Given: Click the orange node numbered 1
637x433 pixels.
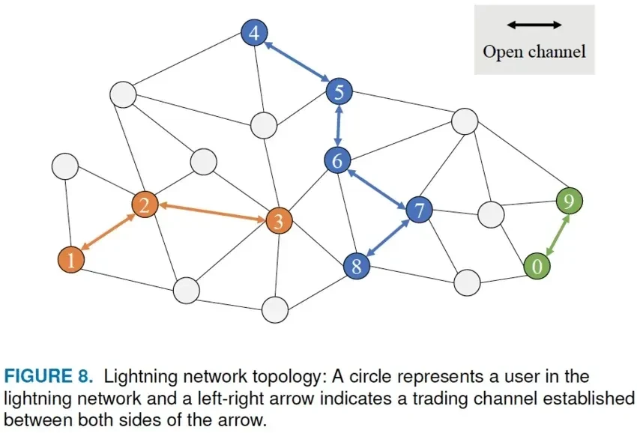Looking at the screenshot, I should tap(70, 259).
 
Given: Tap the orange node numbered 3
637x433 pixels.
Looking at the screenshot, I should tap(279, 220).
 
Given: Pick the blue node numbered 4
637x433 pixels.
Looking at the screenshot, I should tap(255, 33).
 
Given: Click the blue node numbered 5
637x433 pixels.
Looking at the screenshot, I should tap(339, 92).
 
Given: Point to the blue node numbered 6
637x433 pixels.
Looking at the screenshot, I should tap(337, 160).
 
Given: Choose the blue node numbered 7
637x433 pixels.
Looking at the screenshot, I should tap(419, 211).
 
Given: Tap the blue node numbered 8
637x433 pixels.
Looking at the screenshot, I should tap(357, 265).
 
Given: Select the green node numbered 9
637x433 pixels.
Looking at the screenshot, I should tap(570, 201).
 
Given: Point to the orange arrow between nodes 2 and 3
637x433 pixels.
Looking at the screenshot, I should tap(211, 212).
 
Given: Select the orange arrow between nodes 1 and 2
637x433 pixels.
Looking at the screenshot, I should tap(107, 231).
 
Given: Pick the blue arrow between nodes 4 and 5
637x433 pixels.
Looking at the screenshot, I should tap(297, 63).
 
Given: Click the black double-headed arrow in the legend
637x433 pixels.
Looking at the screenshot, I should tap(534, 25).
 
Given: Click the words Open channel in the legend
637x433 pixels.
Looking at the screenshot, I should tap(534, 52).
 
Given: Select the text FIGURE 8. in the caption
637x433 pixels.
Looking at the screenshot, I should tap(43, 376).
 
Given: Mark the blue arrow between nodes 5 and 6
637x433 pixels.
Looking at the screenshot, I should tap(338, 126).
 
